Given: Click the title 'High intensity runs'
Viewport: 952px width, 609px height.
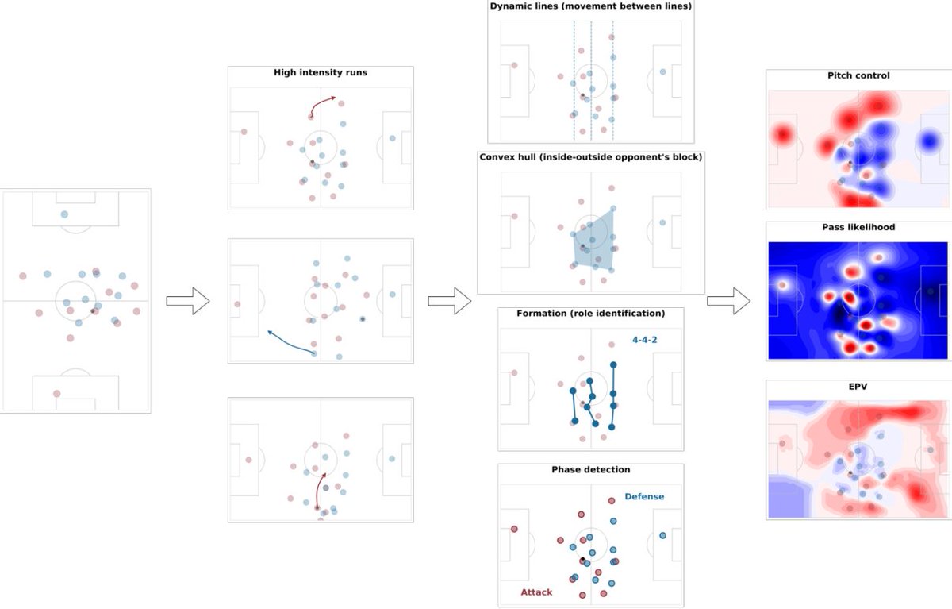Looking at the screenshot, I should (x=320, y=73).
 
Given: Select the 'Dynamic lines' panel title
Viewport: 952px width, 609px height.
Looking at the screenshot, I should (x=591, y=7).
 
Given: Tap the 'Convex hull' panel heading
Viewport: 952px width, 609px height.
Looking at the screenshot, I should (x=590, y=157).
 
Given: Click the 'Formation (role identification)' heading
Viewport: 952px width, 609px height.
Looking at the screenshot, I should (x=590, y=313).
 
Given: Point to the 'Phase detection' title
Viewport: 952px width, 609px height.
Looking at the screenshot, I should (x=590, y=470).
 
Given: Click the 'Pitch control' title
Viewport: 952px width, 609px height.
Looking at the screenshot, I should (x=858, y=76).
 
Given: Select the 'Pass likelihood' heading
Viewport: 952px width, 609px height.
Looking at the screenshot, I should (x=858, y=228).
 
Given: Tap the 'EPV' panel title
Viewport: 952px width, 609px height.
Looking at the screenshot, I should (x=858, y=387).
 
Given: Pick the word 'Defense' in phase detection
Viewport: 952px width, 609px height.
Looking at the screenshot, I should (x=644, y=497).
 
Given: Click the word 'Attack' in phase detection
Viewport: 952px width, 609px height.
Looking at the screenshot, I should (x=536, y=592).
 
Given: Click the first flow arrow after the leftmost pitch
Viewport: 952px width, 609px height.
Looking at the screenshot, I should (x=187, y=301).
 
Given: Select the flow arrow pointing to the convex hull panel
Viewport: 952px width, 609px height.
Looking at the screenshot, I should (x=449, y=301).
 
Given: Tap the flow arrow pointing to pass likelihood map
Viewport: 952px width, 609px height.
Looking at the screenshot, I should (x=728, y=301).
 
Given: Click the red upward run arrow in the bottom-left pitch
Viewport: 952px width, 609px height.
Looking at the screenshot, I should (x=319, y=488).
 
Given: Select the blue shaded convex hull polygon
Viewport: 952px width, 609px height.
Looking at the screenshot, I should (x=597, y=238).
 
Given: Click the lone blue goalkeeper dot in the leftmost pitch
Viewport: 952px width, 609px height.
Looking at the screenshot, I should (x=64, y=214).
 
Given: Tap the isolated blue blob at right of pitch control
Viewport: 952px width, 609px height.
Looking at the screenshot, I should (x=927, y=141).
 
